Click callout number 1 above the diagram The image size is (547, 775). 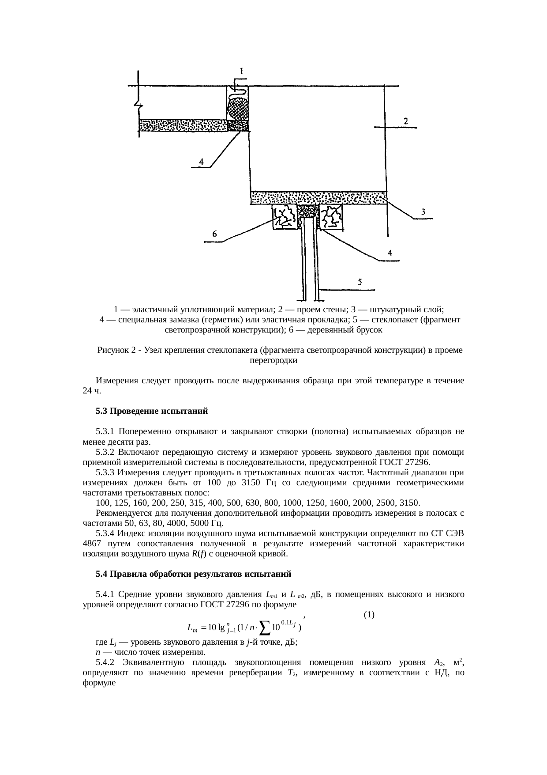[242, 70]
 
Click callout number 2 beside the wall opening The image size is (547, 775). [405, 120]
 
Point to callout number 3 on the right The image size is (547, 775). [423, 212]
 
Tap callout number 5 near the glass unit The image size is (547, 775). [360, 283]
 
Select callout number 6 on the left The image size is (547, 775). [214, 235]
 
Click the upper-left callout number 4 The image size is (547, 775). [201, 162]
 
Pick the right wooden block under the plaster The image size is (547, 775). [331, 217]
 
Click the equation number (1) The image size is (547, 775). [369, 614]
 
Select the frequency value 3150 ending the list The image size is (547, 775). [409, 503]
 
